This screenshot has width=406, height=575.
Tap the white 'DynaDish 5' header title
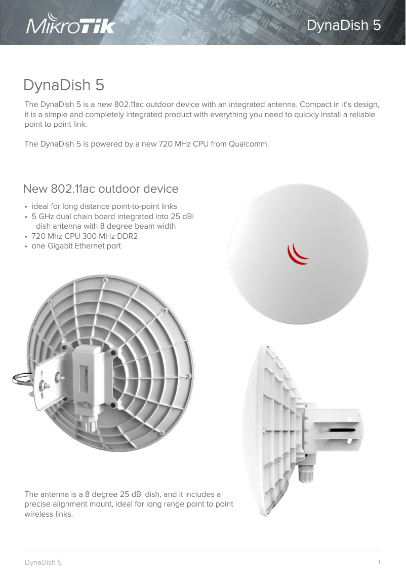[344, 25]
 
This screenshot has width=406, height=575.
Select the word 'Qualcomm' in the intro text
[249, 144]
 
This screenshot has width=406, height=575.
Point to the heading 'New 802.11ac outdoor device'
[101, 189]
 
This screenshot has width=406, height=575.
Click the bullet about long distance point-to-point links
[104, 206]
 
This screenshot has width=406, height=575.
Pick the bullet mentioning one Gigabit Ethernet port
[76, 246]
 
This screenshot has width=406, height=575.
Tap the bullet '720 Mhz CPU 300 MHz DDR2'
[85, 236]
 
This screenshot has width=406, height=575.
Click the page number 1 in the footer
[379, 562]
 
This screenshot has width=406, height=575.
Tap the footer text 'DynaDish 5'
[43, 563]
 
